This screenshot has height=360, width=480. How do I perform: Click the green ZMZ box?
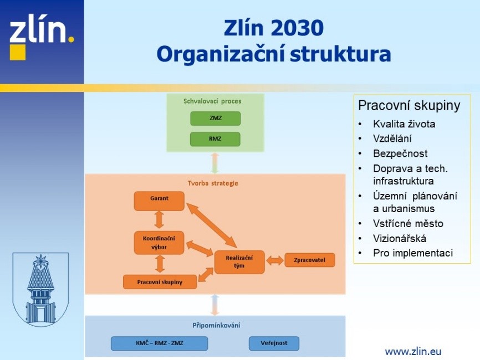tap(215, 119)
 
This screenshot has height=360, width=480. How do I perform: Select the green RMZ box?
tap(215, 139)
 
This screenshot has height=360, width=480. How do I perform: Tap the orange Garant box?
tap(159, 201)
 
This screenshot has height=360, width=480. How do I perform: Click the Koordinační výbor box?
tap(159, 243)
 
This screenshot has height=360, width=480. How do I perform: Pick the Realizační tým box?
tap(239, 262)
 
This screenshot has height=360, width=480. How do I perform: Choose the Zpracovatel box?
tap(309, 260)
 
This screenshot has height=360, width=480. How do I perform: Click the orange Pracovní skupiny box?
tap(160, 282)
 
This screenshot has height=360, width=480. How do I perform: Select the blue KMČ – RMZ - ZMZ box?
tap(159, 343)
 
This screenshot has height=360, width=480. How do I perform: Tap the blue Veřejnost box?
tap(274, 343)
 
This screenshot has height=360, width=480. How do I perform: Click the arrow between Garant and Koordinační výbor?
tap(159, 220)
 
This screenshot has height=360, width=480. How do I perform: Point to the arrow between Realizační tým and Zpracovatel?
tap(275, 261)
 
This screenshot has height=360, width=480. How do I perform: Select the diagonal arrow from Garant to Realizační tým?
tap(212, 225)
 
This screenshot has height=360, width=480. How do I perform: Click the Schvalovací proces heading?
tap(212, 101)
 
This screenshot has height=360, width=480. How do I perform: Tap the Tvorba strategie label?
tap(213, 183)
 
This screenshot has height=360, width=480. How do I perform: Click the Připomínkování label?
tap(216, 326)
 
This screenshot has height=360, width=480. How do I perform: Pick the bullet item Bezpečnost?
tap(400, 153)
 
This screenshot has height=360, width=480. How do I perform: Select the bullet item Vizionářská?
tap(400, 239)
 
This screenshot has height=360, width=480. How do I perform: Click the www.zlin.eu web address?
tap(413, 352)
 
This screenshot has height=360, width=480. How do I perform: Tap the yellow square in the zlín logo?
tap(18, 52)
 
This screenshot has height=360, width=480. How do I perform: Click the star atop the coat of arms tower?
tap(40, 261)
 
